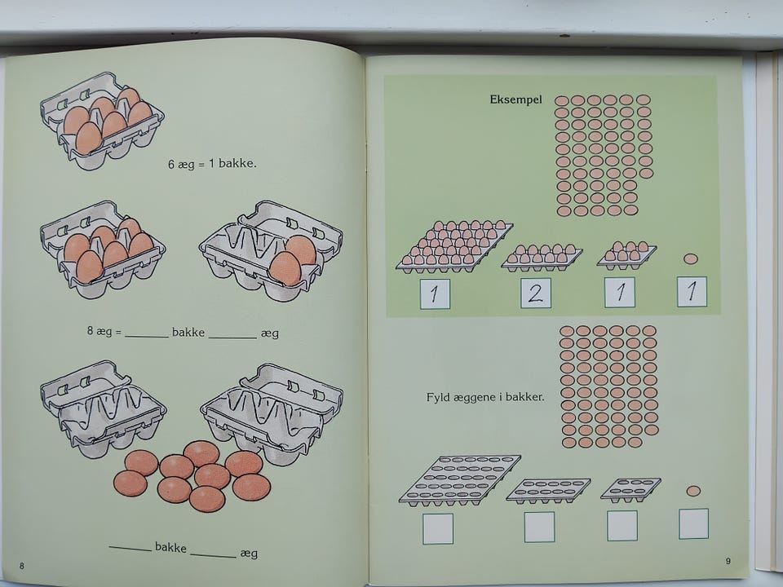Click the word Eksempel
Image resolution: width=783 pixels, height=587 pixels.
(x=515, y=99)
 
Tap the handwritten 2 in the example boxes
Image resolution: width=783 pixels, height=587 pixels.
(x=535, y=293)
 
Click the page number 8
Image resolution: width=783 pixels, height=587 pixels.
(x=21, y=566)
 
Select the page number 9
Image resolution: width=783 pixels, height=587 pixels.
(x=728, y=561)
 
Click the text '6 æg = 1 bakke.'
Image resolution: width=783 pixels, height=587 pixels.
(x=212, y=163)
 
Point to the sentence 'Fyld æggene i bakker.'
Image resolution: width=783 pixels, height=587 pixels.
(x=485, y=397)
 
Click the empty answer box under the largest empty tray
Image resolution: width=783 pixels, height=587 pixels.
(x=438, y=528)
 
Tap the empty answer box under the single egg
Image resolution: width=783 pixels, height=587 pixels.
(x=693, y=523)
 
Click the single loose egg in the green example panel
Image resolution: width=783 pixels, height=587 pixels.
(x=691, y=258)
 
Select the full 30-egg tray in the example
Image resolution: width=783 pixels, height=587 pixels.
(x=454, y=246)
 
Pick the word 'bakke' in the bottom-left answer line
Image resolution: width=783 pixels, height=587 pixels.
(x=170, y=547)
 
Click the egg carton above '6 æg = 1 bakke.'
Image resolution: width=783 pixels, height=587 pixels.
(x=103, y=121)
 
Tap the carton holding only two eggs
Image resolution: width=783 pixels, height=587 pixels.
(x=271, y=250)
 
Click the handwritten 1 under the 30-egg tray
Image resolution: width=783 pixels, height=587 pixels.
(x=435, y=294)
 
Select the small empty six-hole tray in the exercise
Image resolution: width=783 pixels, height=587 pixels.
(x=630, y=490)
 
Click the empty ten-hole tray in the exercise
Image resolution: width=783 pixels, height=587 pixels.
(x=548, y=491)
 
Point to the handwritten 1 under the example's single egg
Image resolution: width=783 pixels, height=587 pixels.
(x=692, y=292)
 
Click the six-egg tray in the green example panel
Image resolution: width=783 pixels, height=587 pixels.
(x=627, y=255)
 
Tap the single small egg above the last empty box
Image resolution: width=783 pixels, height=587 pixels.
(x=693, y=491)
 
